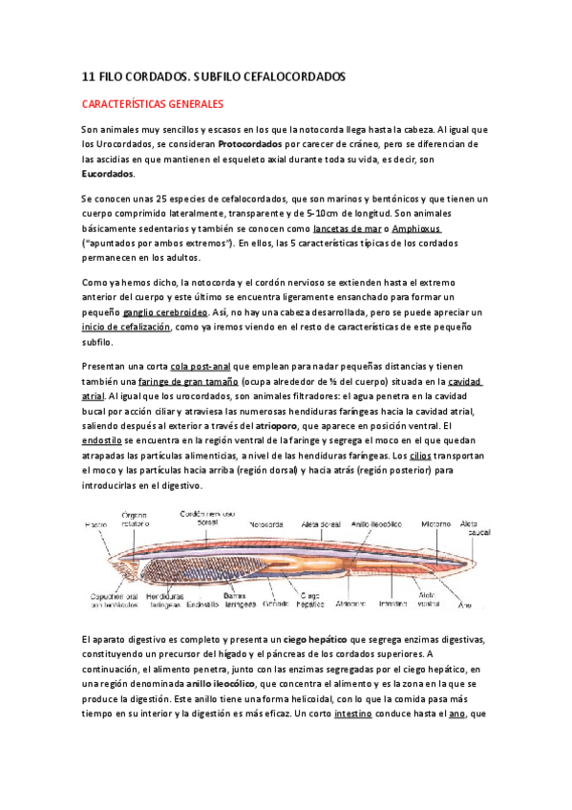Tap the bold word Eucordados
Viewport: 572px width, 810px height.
pos(108,175)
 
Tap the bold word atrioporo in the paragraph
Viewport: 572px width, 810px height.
pos(301,425)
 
